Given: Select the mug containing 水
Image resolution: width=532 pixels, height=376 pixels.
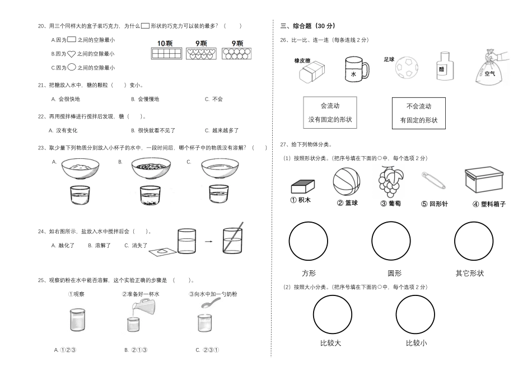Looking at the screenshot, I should [356, 69].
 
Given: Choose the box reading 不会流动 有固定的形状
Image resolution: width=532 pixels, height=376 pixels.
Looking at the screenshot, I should [419, 113].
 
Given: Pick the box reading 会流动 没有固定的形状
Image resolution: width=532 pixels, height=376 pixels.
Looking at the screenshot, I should [330, 112].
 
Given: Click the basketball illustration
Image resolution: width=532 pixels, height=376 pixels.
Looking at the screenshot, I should [347, 182].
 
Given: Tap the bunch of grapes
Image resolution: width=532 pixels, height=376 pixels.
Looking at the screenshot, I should [390, 182].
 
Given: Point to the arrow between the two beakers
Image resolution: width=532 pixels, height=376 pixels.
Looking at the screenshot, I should [207, 241].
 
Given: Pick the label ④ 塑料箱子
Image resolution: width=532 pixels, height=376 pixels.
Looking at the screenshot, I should [485, 204].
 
